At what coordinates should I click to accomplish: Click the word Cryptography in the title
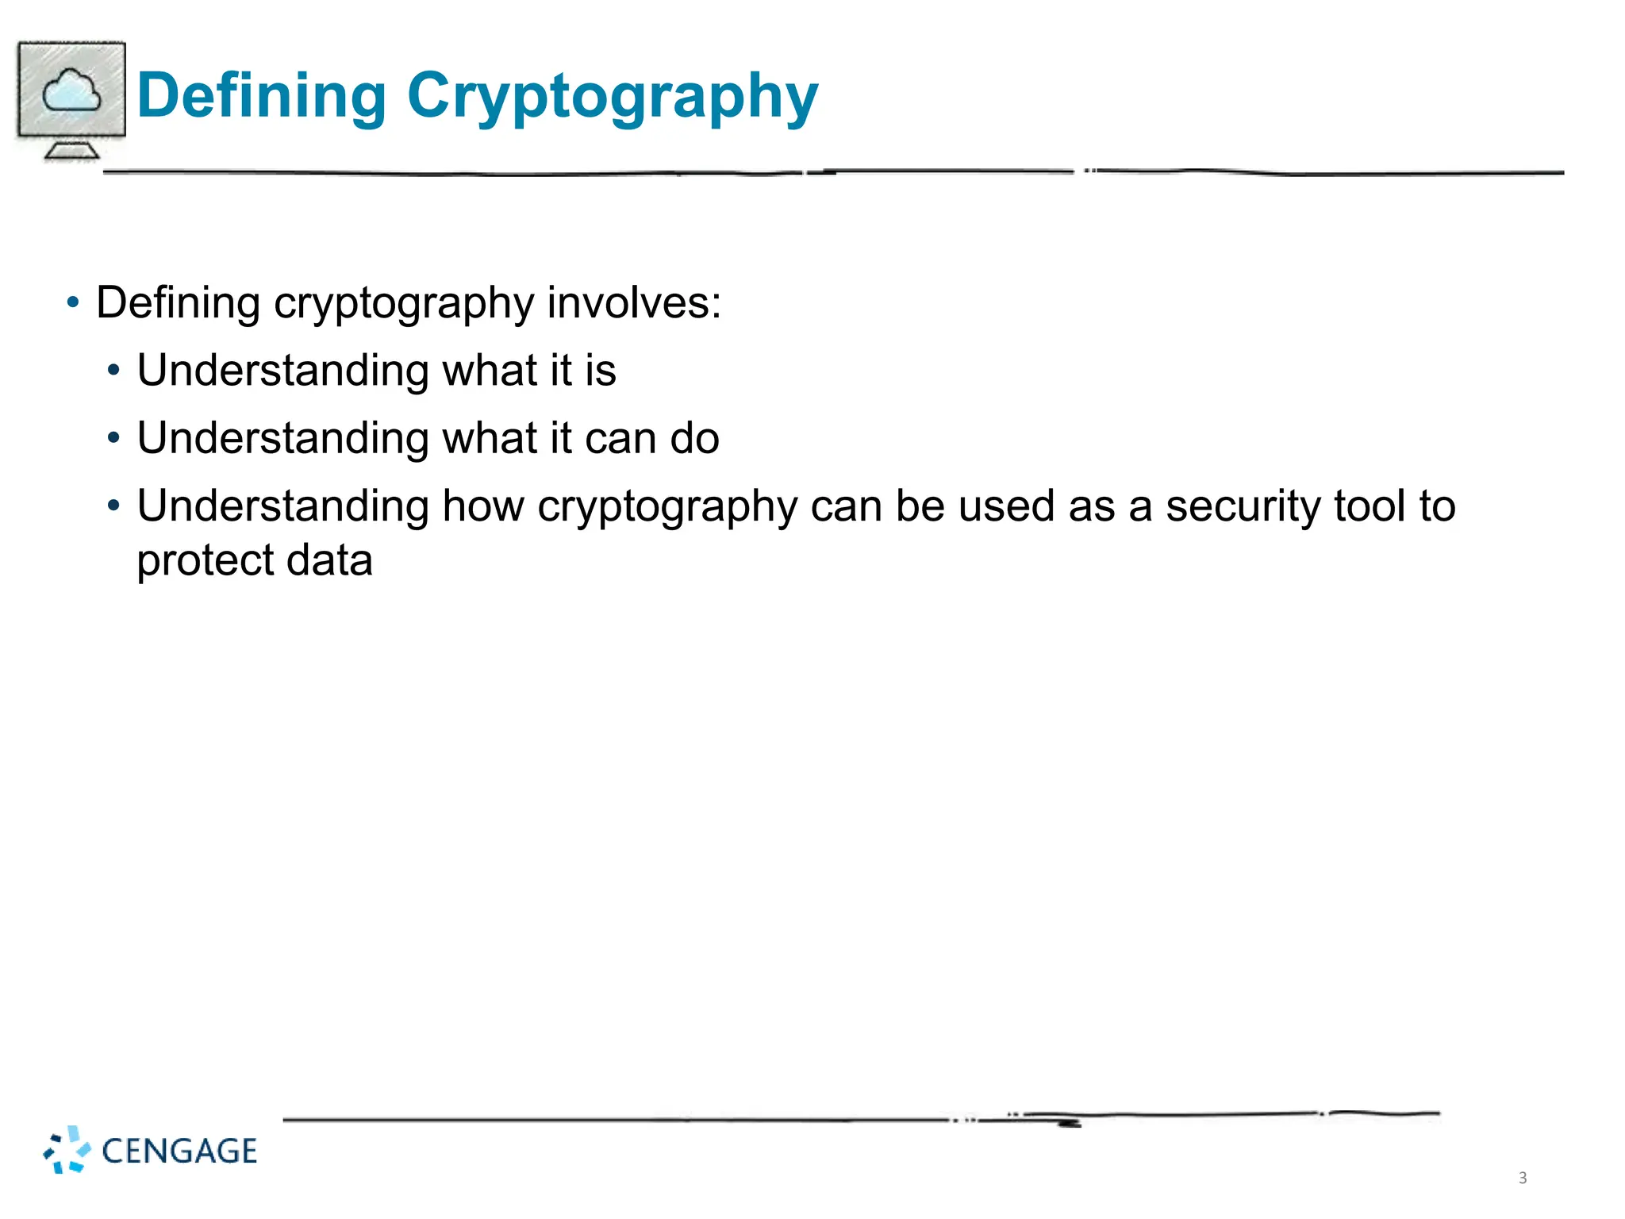pyautogui.click(x=612, y=97)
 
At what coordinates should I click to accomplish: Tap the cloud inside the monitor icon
pyautogui.click(x=71, y=90)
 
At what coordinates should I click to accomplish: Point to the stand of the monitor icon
pyautogui.click(x=71, y=149)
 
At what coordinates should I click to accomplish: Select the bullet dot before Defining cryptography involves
pyautogui.click(x=74, y=302)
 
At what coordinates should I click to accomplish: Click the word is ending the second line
pyautogui.click(x=601, y=371)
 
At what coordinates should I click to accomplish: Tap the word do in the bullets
pyautogui.click(x=694, y=438)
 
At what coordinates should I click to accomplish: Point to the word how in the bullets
pyautogui.click(x=482, y=506)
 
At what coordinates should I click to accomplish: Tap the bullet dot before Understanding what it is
pyautogui.click(x=114, y=371)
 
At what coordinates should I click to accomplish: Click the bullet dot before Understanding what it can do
pyautogui.click(x=114, y=438)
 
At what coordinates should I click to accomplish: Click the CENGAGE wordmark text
pyautogui.click(x=179, y=1152)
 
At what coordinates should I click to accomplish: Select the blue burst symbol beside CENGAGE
pyautogui.click(x=67, y=1149)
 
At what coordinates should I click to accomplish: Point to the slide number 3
pyautogui.click(x=1522, y=1178)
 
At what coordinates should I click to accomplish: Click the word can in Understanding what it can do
pyautogui.click(x=620, y=438)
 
